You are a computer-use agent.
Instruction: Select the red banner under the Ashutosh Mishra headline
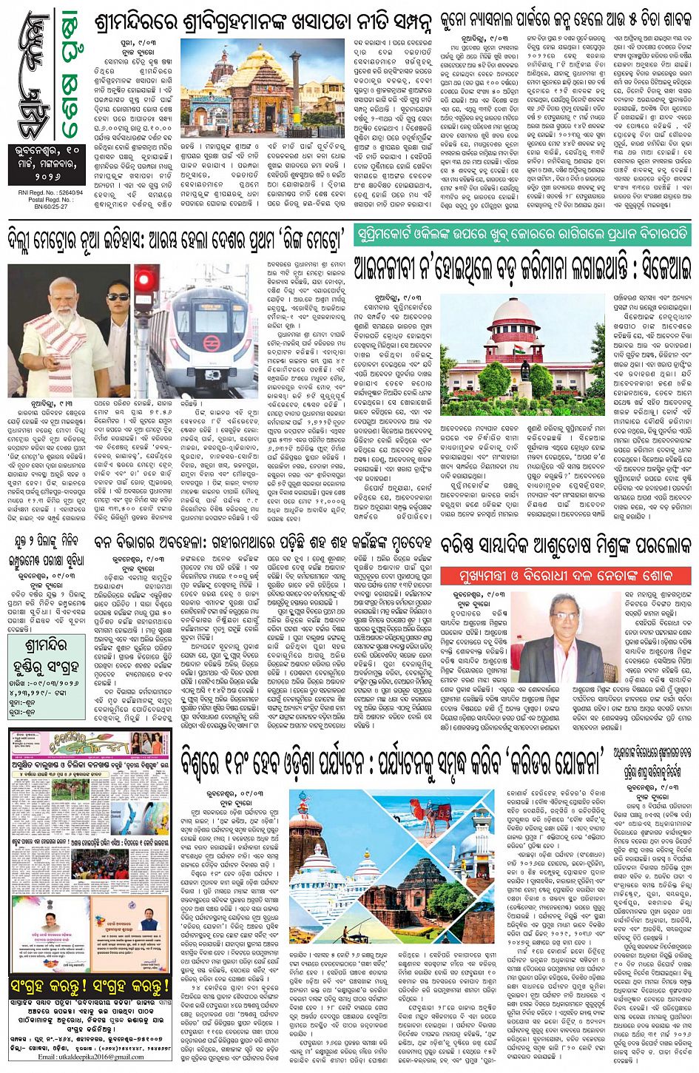(565, 575)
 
